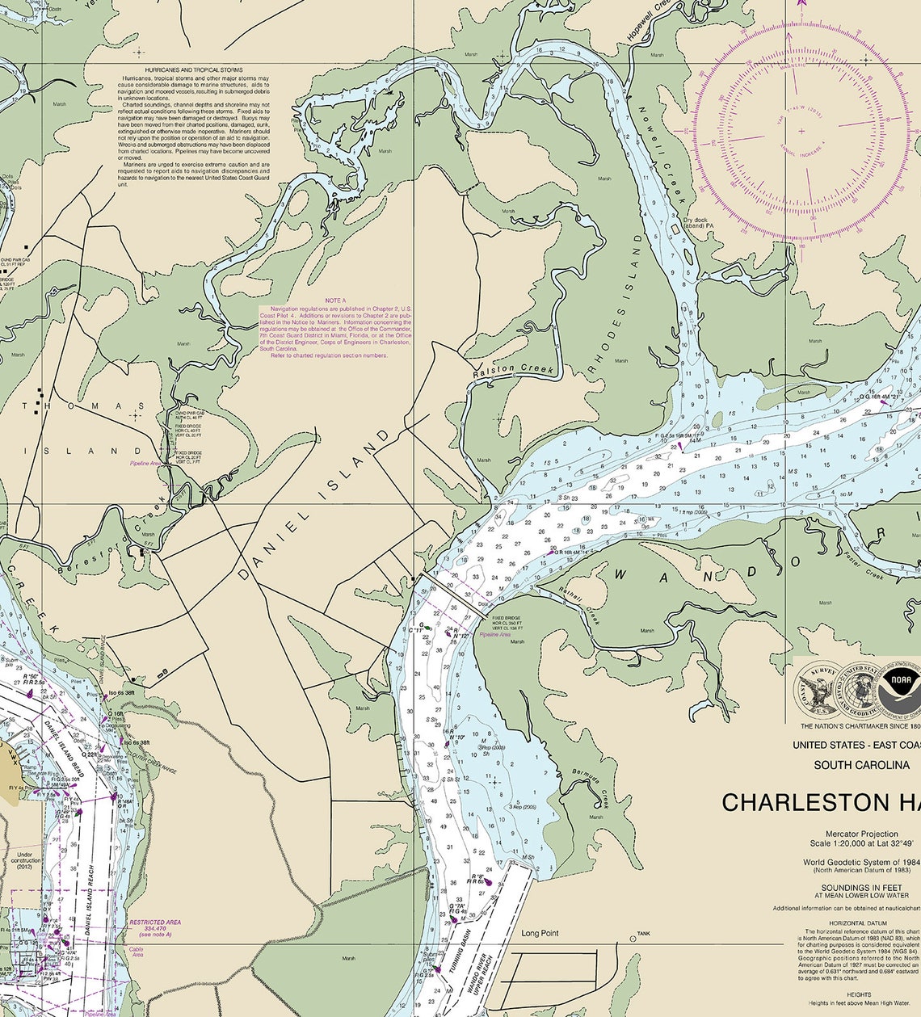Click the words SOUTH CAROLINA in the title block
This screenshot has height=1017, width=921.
[861, 764]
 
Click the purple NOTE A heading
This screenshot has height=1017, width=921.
[335, 300]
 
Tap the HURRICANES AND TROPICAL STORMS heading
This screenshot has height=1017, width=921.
[194, 70]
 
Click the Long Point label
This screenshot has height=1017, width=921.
[540, 933]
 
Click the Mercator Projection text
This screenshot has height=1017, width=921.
[861, 834]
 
